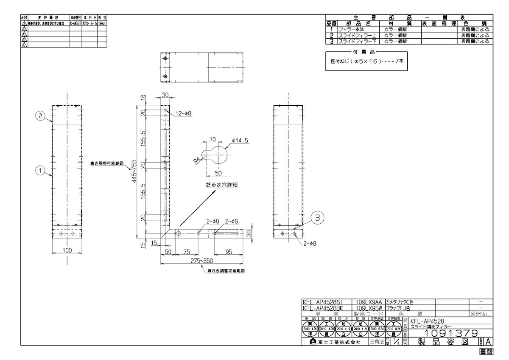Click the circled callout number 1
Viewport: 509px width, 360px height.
39,170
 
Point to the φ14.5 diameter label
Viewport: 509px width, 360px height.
240,140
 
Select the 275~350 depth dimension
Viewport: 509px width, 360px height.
202,260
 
